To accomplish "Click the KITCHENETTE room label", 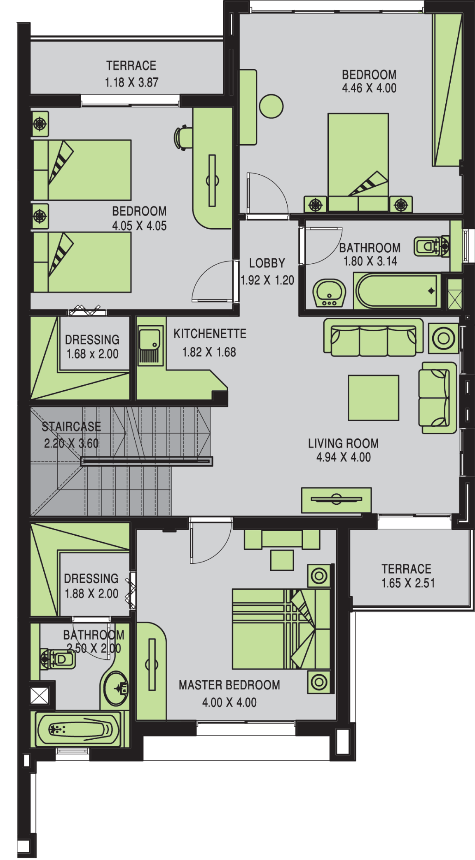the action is click(210, 334).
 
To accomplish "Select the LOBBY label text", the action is click(267, 263).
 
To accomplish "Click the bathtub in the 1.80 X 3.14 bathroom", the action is click(397, 291).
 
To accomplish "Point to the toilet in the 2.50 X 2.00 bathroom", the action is click(58, 659).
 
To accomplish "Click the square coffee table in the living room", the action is click(373, 398).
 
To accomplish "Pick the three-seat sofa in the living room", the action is click(373, 337).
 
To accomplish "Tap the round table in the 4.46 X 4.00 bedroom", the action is click(271, 106).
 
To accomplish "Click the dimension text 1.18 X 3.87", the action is click(132, 82).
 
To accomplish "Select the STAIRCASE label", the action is click(71, 426).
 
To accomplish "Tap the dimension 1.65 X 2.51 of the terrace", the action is click(408, 583).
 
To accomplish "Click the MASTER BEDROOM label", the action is click(229, 685).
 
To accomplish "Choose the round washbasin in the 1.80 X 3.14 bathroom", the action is click(329, 293).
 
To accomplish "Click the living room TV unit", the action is click(336, 500).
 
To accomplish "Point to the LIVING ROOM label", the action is click(344, 443).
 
